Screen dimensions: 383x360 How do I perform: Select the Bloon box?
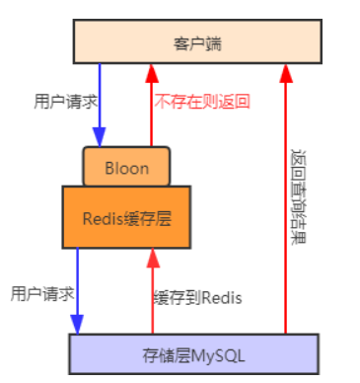(x=126, y=167)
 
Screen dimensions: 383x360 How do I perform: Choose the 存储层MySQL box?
(x=193, y=352)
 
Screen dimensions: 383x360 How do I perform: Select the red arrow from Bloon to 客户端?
(x=151, y=109)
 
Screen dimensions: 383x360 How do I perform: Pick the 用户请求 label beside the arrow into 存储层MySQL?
(x=40, y=293)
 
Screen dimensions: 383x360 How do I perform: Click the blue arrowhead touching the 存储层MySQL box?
(x=77, y=325)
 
